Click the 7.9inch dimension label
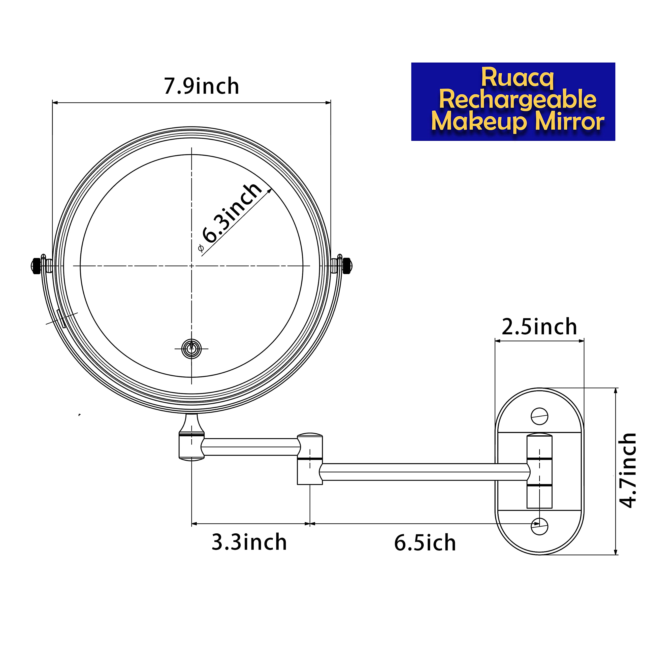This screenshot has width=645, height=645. [x=201, y=86]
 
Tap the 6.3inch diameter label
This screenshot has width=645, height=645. [x=232, y=213]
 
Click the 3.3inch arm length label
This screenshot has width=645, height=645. [x=249, y=542]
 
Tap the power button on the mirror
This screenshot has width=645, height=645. [x=191, y=349]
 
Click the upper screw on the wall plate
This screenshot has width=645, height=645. [x=539, y=416]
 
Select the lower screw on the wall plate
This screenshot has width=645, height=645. [x=539, y=527]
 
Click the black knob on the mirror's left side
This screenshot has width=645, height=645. [x=36, y=266]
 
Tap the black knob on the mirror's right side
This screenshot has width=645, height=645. [x=347, y=266]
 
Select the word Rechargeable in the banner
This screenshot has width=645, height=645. [x=518, y=100]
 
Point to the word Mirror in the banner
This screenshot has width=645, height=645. [x=570, y=121]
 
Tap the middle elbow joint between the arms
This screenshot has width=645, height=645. [x=310, y=459]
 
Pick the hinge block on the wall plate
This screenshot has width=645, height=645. [x=539, y=471]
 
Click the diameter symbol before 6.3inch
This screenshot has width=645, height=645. [x=201, y=248]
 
